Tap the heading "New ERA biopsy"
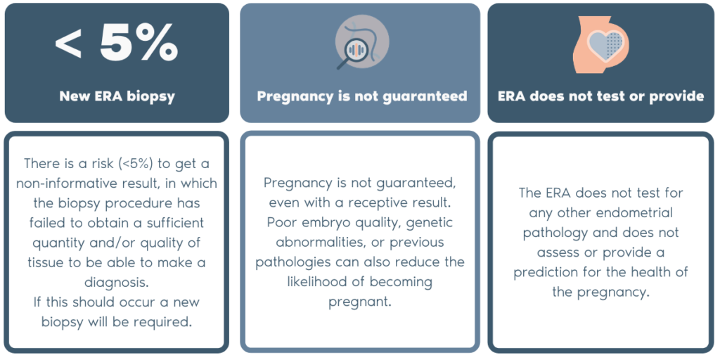point(117,96)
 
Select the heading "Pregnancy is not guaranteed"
point(361,96)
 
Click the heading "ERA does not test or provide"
point(600,96)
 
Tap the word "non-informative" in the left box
point(68,184)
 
